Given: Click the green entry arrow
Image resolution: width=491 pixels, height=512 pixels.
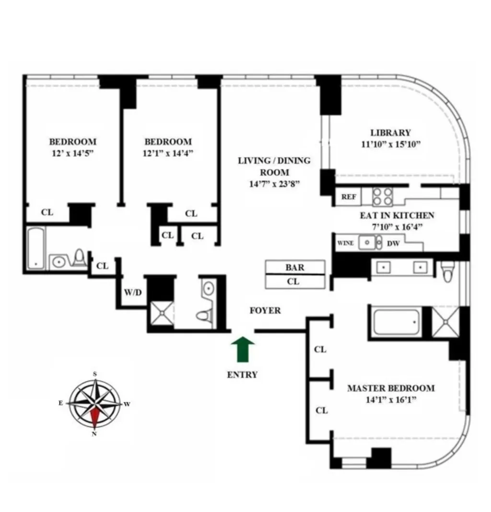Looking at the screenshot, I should (243, 349).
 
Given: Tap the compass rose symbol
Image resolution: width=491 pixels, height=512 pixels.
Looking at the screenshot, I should (94, 404).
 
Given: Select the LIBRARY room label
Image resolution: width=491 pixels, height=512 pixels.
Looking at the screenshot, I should (390, 133).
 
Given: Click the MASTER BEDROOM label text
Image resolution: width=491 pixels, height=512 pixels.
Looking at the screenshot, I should (391, 388).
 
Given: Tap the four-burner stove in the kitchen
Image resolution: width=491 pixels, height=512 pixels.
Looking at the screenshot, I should (383, 197).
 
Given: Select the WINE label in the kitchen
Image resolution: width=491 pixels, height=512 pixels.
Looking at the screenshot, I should (345, 243).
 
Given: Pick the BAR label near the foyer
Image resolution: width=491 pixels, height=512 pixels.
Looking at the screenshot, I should (294, 268).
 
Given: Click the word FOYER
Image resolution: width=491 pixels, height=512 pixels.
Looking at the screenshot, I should (265, 311).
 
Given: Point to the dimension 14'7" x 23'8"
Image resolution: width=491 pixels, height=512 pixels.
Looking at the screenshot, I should (274, 185).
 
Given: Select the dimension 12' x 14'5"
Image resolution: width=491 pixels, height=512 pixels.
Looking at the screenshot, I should (72, 153).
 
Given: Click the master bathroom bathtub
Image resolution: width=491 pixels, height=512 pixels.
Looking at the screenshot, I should (396, 322).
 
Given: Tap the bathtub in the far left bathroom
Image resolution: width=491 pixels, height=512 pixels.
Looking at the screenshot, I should (36, 248).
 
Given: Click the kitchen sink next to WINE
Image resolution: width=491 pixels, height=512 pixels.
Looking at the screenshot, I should (368, 243).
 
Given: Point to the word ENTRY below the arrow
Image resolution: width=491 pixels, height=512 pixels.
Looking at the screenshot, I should (242, 375).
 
